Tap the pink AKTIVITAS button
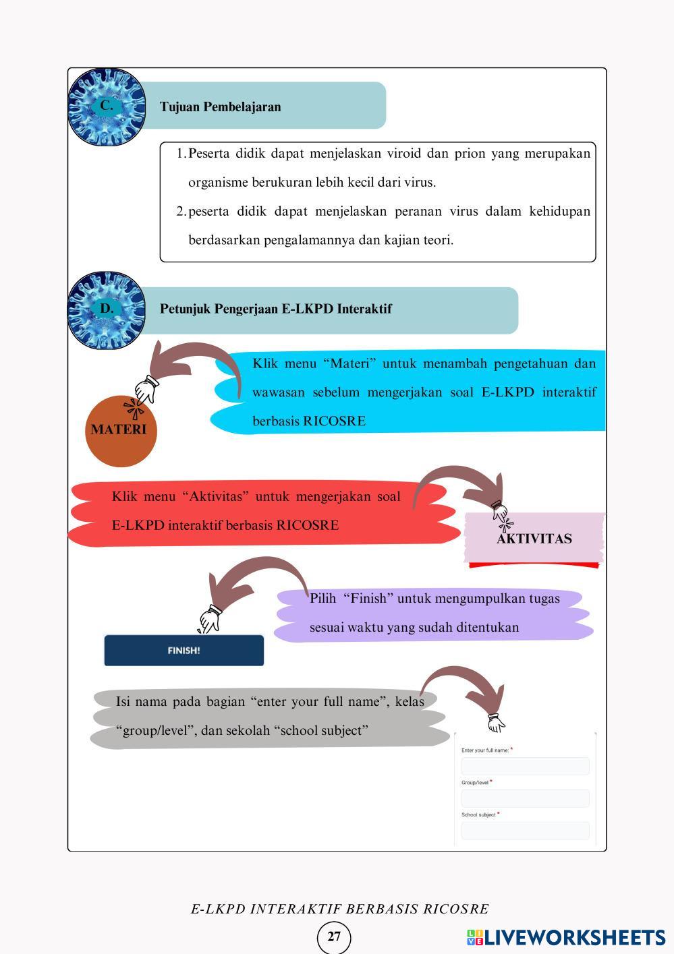tap(534, 538)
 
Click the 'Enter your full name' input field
tap(525, 766)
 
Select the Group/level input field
tap(525, 798)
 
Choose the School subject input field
tap(525, 831)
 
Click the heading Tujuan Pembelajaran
tap(220, 107)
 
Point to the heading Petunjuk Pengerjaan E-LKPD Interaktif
tap(275, 309)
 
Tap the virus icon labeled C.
tap(107, 107)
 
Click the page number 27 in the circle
tap(334, 936)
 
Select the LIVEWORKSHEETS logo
tap(565, 937)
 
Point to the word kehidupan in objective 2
tap(559, 212)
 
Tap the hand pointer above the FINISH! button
tap(210, 620)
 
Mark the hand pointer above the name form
tap(496, 723)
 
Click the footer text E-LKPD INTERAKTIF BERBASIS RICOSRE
tap(339, 909)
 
